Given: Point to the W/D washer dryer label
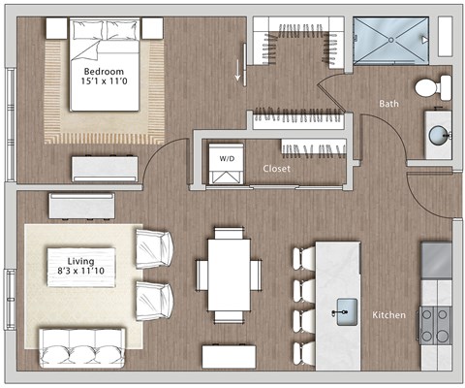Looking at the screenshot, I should [x=227, y=157].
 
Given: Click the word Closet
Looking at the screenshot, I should [x=277, y=168].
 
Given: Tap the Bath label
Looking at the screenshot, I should [x=389, y=103].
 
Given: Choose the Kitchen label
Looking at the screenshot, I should [x=389, y=316].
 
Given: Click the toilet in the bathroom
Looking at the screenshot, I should [x=427, y=87].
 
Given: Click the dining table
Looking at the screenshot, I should [x=229, y=274].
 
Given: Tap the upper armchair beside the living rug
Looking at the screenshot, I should [x=155, y=247].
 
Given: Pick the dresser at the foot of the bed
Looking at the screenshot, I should [x=105, y=167].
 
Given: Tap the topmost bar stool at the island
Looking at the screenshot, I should [x=303, y=257].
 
